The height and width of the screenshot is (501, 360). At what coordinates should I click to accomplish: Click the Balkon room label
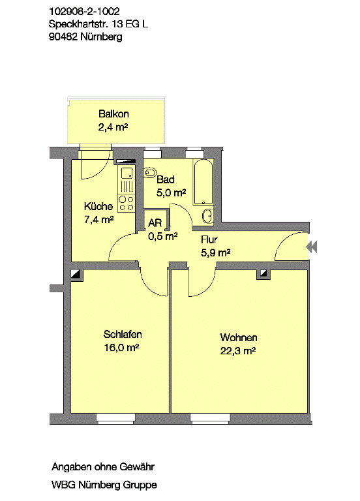113,114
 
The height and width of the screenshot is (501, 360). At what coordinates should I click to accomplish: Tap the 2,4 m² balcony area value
113,127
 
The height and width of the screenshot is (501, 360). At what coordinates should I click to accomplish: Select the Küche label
98,206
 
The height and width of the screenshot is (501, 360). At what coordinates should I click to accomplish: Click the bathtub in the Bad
203,181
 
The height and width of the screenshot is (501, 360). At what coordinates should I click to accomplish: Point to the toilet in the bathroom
149,173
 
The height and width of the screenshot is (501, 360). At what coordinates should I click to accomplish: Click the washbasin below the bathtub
207,216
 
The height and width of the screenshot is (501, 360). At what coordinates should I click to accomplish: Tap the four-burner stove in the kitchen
127,204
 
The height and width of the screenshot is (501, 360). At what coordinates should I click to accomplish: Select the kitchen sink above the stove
127,173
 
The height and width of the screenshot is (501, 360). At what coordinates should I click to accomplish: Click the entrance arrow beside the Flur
312,247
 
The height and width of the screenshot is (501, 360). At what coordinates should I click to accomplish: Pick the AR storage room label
155,222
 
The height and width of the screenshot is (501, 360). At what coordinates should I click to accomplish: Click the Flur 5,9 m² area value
216,252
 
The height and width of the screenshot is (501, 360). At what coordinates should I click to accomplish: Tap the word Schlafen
123,334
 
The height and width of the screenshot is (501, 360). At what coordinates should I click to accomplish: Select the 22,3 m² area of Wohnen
238,351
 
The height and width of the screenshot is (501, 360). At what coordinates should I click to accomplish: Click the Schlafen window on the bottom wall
115,418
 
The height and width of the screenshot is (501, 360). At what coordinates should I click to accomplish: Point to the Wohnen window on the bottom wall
209,418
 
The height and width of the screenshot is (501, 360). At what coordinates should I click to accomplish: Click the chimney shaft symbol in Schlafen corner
77,275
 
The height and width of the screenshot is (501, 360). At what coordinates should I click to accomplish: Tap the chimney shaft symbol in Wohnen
263,274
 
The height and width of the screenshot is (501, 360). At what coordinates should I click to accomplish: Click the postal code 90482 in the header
63,37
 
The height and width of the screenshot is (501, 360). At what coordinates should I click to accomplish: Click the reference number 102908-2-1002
84,12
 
